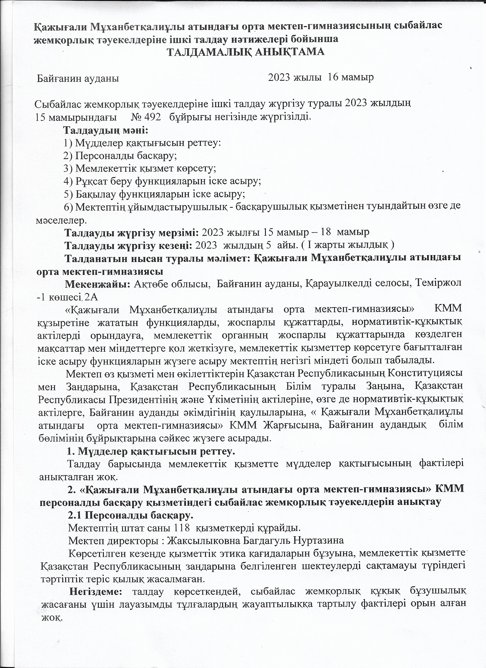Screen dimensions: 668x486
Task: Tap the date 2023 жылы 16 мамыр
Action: (x=321, y=77)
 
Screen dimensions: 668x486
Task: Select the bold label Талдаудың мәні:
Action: (x=106, y=130)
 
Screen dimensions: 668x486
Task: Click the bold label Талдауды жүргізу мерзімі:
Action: (x=132, y=232)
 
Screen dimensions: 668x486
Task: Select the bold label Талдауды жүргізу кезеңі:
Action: (x=129, y=245)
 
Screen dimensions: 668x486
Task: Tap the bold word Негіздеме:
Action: (x=96, y=591)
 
